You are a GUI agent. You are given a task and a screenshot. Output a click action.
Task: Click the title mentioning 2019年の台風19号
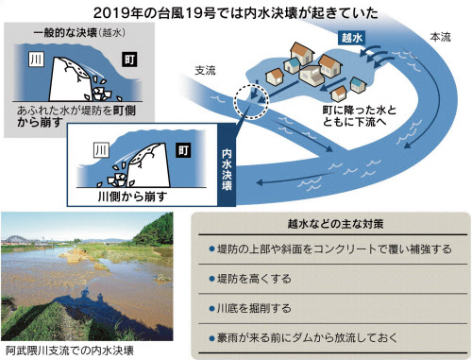(x=235, y=12)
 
